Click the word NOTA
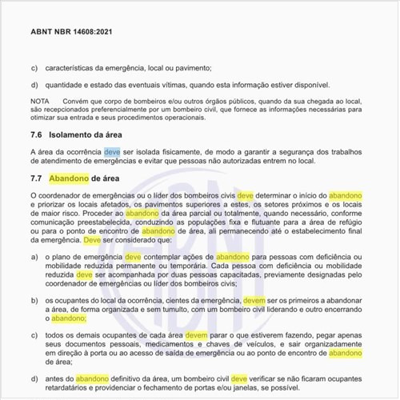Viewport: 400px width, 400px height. pos(39,100)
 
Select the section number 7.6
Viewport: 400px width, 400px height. pos(37,135)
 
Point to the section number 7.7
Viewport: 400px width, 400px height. pos(37,178)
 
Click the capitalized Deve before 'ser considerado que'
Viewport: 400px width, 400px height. pos(93,238)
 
